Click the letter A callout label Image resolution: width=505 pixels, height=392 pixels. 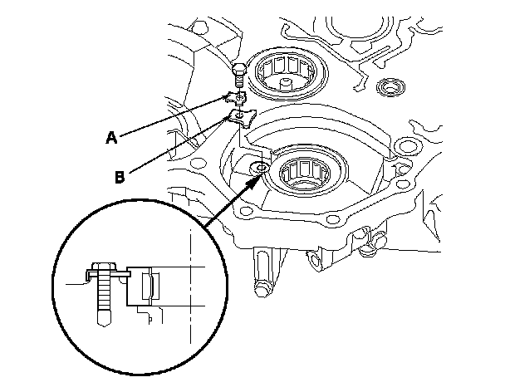(x=111, y=139)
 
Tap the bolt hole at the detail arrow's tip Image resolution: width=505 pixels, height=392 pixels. (x=261, y=169)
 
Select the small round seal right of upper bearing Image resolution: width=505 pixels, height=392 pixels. (x=388, y=86)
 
